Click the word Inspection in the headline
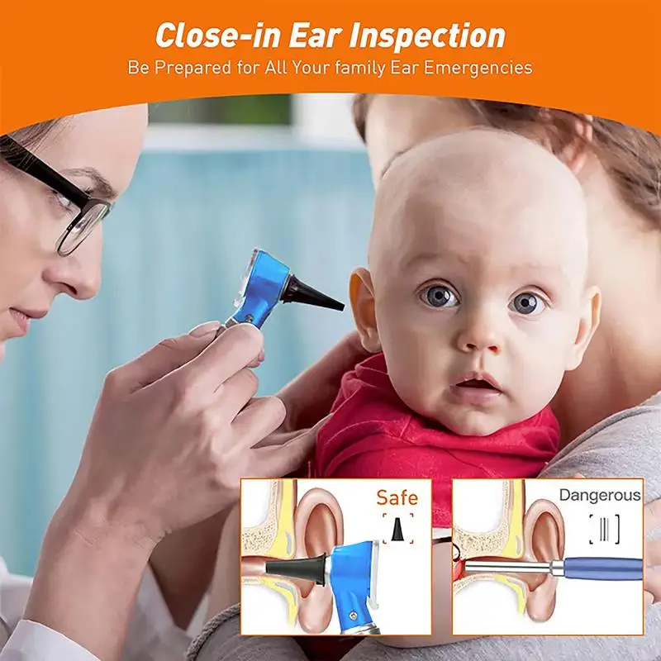point(427,36)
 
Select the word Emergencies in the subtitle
point(478,68)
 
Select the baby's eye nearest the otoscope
point(439,294)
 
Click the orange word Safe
point(397,497)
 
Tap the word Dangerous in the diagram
point(600,495)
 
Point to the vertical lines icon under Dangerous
point(605,529)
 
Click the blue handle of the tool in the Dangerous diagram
point(603,568)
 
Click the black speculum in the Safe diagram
point(296,565)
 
